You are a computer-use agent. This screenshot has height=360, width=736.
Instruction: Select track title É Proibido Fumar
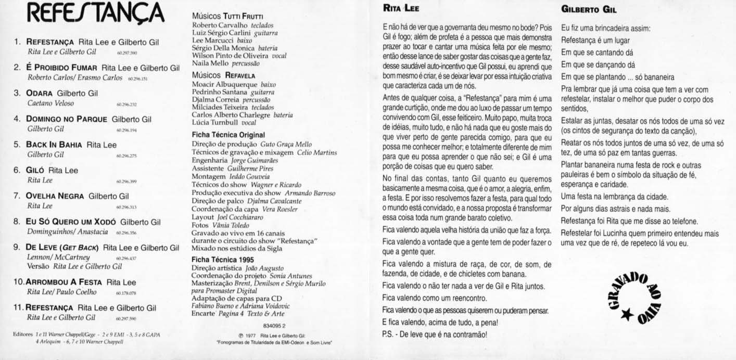(62, 68)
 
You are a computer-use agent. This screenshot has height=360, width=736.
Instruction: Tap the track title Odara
(40, 93)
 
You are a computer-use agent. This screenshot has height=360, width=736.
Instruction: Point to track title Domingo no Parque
(66, 119)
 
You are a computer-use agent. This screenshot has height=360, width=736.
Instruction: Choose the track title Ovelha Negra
(56, 196)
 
